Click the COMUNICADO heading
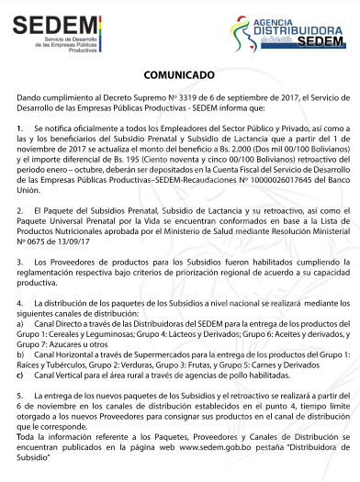179,73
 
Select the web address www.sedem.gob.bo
208,453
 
